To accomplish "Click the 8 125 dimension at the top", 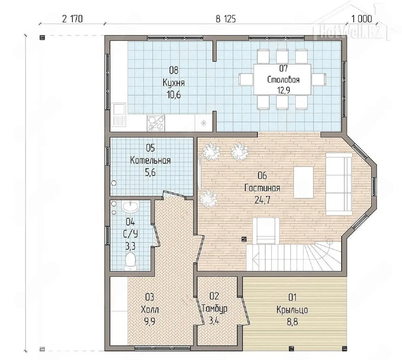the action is (225, 19).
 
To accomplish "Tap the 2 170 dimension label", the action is (72, 19).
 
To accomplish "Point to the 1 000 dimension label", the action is (362, 19).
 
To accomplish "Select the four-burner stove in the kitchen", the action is (156, 123).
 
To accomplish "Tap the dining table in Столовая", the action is (282, 79).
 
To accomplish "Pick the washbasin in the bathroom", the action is (131, 207).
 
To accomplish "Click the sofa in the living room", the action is (339, 184).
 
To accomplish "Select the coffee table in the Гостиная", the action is (303, 182).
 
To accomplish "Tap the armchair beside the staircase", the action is (266, 231).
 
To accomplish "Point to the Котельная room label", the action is (150, 160).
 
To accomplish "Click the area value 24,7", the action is (262, 200).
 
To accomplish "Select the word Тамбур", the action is (215, 309).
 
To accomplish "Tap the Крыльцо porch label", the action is (292, 310).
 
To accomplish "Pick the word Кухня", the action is (174, 83).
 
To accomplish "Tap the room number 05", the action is (150, 148).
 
